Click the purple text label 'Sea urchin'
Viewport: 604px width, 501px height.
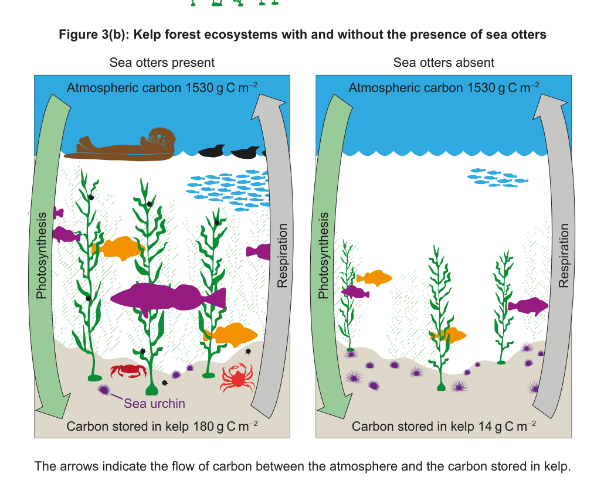pyautogui.click(x=155, y=403)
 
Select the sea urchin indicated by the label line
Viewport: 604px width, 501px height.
pyautogui.click(x=104, y=389)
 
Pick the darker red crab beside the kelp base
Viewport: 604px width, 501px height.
pyautogui.click(x=128, y=371)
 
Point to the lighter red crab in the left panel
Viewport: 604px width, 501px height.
pyautogui.click(x=237, y=378)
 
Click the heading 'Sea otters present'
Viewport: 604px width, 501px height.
pyautogui.click(x=162, y=62)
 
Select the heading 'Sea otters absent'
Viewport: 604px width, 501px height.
pyautogui.click(x=443, y=62)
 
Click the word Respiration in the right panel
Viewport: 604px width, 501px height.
pyautogui.click(x=564, y=255)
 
